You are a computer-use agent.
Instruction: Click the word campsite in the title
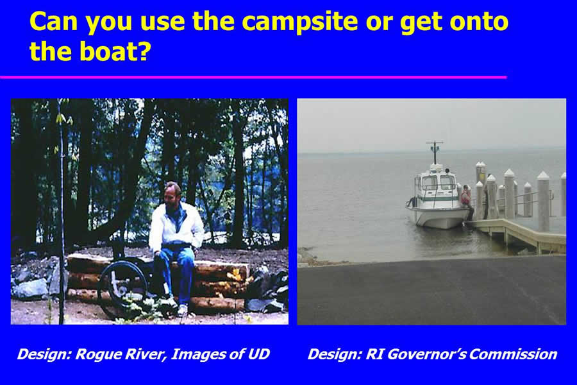coord(299,21)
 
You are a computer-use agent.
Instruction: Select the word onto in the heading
coord(479,21)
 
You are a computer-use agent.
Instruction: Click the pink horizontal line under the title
coord(253,77)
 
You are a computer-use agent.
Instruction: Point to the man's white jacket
coord(176,225)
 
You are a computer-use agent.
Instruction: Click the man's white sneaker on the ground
coord(183,310)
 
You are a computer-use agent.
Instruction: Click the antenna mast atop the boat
coord(435,152)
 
